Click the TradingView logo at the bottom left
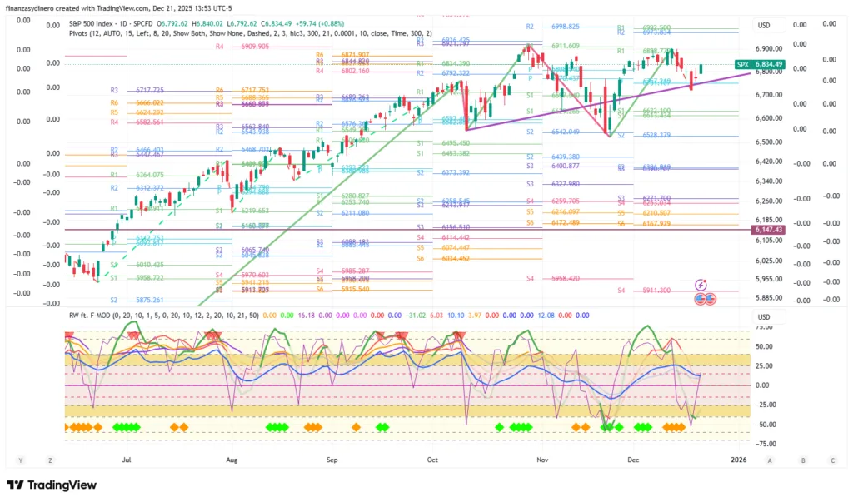pyautogui.click(x=51, y=485)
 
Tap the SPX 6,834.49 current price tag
pyautogui.click(x=761, y=64)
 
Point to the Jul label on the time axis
pyautogui.click(x=127, y=459)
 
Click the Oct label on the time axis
pyautogui.click(x=432, y=459)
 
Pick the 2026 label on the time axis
pyautogui.click(x=738, y=459)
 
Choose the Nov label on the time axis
pyautogui.click(x=542, y=459)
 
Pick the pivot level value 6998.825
pyautogui.click(x=566, y=27)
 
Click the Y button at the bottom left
pyautogui.click(x=20, y=460)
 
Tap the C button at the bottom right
pyautogui.click(x=831, y=460)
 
